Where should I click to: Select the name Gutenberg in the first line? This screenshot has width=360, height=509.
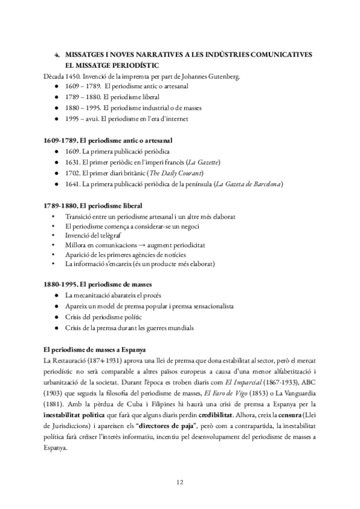[208, 76]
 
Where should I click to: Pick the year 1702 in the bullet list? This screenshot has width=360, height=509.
[73, 173]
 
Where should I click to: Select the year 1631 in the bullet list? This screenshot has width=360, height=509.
[73, 162]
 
